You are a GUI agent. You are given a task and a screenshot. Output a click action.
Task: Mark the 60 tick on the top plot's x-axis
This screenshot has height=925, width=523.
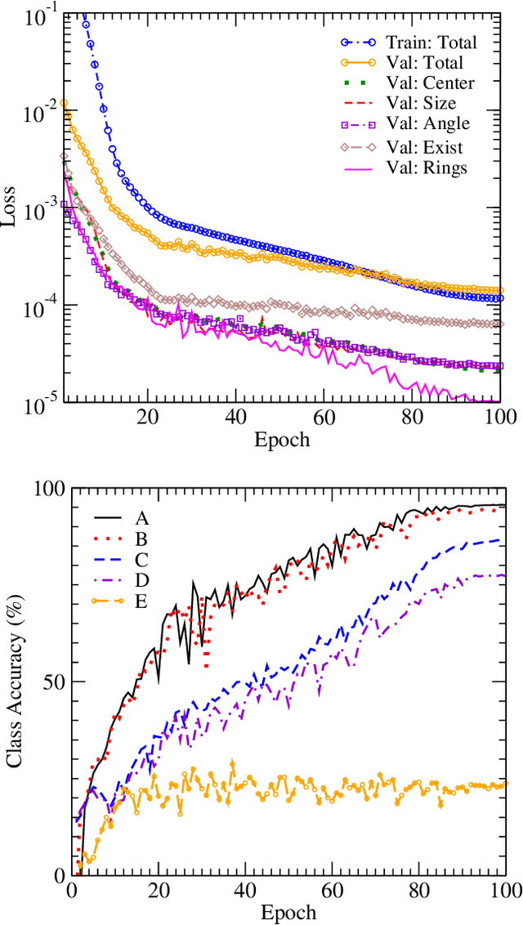coord(324,416)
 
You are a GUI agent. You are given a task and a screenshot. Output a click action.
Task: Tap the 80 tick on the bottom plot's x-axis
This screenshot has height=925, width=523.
coord(418,889)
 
